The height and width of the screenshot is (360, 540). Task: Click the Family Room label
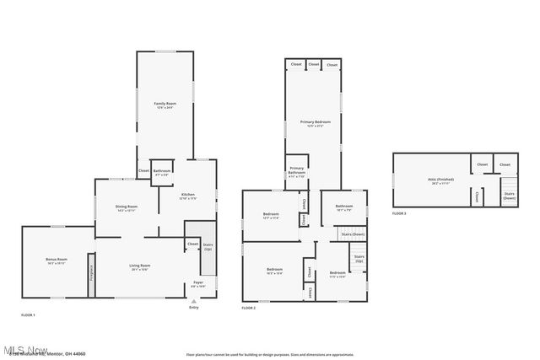(x=165, y=104)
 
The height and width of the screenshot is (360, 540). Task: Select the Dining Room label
(x=127, y=207)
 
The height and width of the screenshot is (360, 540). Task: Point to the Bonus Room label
(x=57, y=261)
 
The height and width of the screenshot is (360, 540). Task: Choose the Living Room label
(x=139, y=267)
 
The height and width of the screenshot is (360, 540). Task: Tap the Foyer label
(x=198, y=283)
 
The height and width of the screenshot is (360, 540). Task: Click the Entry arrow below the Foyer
(x=194, y=300)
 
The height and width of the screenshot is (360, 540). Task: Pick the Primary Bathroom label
(x=296, y=175)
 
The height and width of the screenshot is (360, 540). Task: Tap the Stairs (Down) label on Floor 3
(x=509, y=195)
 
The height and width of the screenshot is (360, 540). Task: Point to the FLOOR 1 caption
(x=28, y=314)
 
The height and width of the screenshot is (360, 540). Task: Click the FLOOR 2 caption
(x=248, y=309)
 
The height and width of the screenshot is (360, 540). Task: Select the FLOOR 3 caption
(x=399, y=214)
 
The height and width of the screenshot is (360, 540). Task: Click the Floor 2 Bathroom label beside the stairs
(x=343, y=207)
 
